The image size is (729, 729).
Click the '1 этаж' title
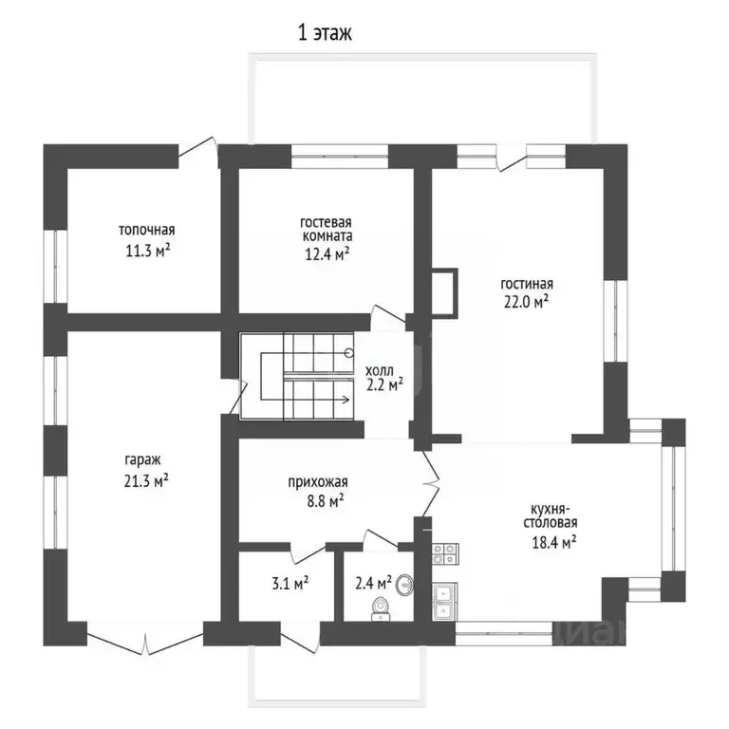point(325,33)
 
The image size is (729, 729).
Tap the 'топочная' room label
point(147,230)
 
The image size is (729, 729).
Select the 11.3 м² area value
point(147,251)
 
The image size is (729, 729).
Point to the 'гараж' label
point(142,460)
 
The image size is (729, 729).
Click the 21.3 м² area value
point(146,480)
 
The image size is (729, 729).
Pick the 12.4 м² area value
point(327,253)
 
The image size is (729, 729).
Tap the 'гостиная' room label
point(527,284)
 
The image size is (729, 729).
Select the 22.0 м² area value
point(526,302)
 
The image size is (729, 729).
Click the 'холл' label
point(380,370)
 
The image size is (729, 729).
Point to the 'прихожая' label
point(318,482)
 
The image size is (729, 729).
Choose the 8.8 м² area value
point(326,501)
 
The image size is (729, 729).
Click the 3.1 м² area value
point(290,583)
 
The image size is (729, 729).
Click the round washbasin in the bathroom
point(404,585)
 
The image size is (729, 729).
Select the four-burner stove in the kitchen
point(445,553)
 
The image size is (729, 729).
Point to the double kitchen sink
point(445,602)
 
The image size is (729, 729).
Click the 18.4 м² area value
point(554,542)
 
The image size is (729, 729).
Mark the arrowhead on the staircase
point(346,400)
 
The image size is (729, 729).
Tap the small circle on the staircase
point(349,353)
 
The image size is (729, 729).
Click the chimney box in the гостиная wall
point(445,292)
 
